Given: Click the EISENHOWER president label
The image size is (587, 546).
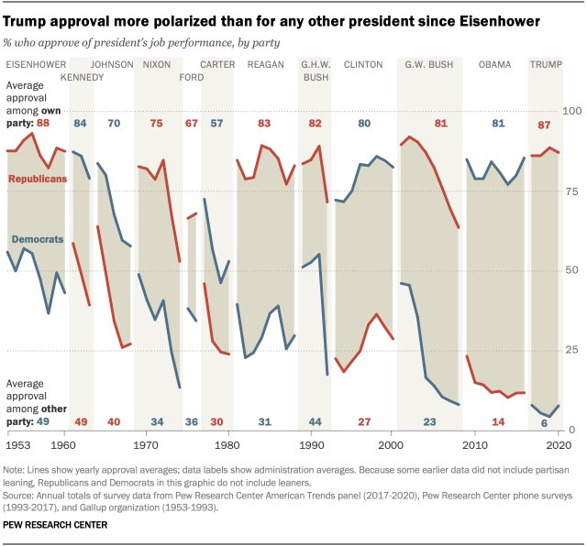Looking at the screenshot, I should pyautogui.click(x=36, y=64).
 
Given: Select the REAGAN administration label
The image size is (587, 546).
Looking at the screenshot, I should pyautogui.click(x=266, y=64).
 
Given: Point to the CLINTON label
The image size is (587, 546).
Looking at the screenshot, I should pyautogui.click(x=362, y=64).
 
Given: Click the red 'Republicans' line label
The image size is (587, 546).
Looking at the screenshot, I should pyautogui.click(x=37, y=178).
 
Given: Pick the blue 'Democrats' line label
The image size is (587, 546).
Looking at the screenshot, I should pyautogui.click(x=37, y=239).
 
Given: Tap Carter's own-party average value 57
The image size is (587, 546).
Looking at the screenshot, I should pyautogui.click(x=216, y=124).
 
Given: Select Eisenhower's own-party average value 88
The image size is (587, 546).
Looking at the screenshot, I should pyautogui.click(x=42, y=123).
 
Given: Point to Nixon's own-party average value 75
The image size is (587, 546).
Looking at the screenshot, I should pyautogui.click(x=157, y=124).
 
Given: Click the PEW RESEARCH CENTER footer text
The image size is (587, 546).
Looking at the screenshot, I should pyautogui.click(x=54, y=525).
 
